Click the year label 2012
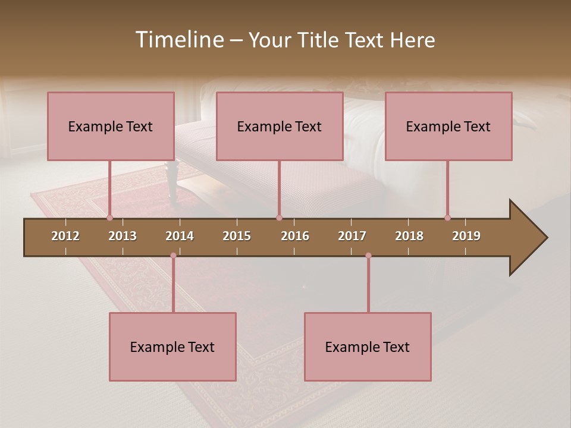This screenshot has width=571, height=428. tap(65, 236)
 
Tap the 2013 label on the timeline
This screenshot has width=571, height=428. tap(123, 236)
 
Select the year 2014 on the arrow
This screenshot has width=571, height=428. tap(180, 236)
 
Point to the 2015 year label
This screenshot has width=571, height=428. tap(237, 236)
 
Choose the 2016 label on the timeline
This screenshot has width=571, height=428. tap(295, 236)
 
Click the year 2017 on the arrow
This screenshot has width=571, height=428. tap(352, 236)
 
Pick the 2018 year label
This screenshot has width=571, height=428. tap(409, 236)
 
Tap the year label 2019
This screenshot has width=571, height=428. tap(466, 236)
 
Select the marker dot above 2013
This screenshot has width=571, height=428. tap(110, 218)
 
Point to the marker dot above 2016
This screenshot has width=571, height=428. tap(279, 218)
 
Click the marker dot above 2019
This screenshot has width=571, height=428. tap(447, 218)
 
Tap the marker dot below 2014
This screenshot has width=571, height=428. tap(173, 256)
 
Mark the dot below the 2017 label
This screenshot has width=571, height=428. tap(368, 256)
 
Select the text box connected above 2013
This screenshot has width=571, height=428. tap(111, 126)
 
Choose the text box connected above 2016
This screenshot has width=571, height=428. tap(280, 126)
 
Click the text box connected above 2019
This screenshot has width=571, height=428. tap(448, 126)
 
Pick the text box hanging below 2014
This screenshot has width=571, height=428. tap(172, 347)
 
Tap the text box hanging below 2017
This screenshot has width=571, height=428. tap(368, 347)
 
